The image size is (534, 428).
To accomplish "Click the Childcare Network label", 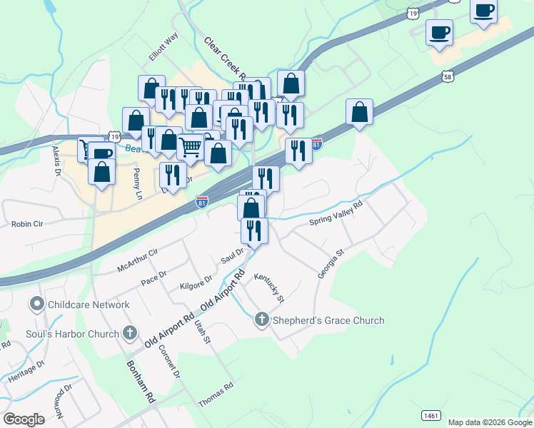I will tap(89, 305).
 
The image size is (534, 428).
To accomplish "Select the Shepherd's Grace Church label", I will tap(328, 320).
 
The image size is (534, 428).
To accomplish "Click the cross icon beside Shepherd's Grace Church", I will tap(262, 320).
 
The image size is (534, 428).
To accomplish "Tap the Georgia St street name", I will tap(331, 263).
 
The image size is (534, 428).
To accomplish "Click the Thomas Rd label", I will tap(216, 395).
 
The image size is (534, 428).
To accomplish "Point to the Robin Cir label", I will tap(27, 223).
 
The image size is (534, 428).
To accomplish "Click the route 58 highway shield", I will tap(448, 76).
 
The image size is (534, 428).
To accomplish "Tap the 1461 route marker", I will tap(430, 415).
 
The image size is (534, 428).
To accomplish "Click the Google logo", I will tap(24, 419).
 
